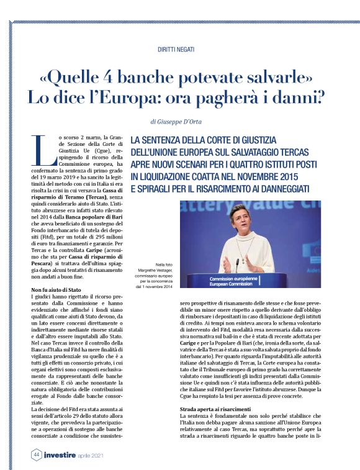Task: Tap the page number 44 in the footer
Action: coord(37,454)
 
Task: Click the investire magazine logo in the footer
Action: coord(60,454)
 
